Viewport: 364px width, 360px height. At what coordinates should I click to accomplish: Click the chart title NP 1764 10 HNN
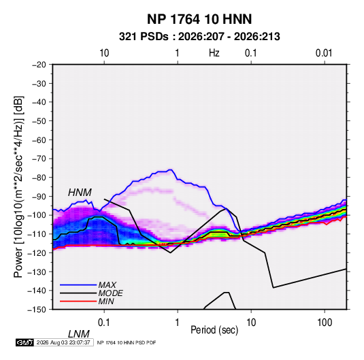199,19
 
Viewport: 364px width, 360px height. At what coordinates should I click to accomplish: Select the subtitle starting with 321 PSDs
199,37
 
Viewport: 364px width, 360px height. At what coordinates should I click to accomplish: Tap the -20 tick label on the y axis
39,65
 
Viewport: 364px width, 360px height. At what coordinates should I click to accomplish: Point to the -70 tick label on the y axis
39,159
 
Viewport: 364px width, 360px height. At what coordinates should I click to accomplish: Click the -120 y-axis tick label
37,253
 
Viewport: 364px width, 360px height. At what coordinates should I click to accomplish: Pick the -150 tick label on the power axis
37,310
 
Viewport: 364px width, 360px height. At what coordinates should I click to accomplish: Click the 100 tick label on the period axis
325,323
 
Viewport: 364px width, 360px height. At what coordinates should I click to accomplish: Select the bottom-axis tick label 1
178,323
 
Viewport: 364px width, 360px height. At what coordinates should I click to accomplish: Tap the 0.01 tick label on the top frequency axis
324,53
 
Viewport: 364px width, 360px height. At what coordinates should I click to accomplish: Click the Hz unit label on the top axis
214,53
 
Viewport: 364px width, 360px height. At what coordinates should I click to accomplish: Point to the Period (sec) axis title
214,330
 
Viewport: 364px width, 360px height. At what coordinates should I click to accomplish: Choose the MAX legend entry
107,285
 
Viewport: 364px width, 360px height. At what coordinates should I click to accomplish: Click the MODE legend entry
110,293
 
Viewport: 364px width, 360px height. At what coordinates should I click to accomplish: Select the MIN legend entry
106,301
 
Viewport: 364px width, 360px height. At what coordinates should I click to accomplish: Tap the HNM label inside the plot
80,193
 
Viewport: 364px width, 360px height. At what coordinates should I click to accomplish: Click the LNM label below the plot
78,334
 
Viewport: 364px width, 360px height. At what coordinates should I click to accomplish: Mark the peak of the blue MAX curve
171,169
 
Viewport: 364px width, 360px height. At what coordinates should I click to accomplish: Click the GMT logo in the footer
25,342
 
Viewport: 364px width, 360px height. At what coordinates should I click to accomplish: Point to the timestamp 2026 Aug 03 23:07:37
63,342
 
